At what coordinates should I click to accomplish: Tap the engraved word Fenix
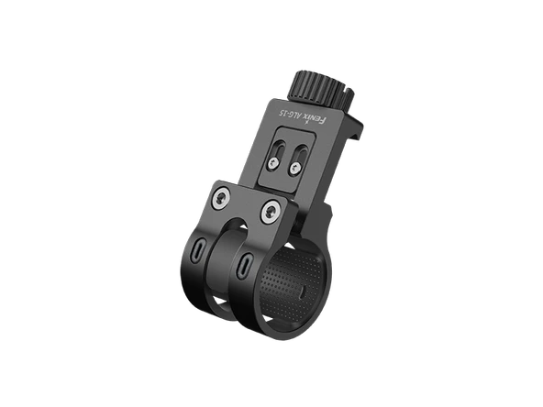point(315,120)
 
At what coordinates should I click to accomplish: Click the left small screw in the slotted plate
point(273,163)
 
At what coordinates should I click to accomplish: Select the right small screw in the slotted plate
point(294,169)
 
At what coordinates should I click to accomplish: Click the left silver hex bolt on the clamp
point(220,199)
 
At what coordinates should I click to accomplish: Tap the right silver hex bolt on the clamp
point(271,212)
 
